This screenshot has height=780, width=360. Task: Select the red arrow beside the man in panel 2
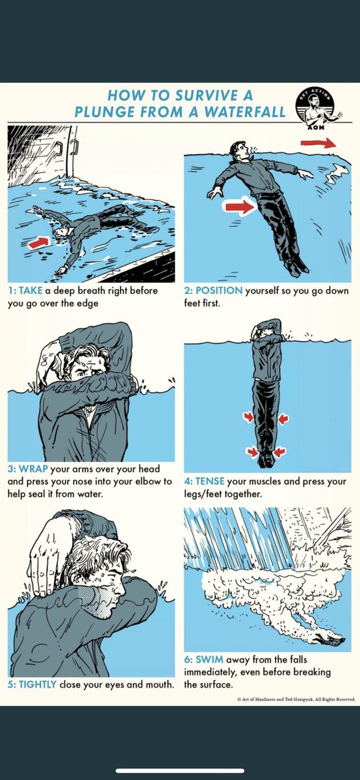coord(240,207)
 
